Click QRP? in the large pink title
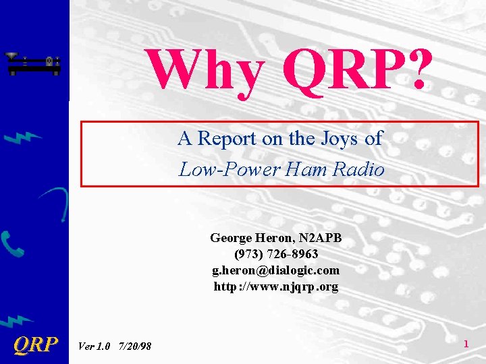(x=355, y=69)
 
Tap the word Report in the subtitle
(x=226, y=139)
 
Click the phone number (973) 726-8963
(x=276, y=254)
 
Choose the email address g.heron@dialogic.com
(x=276, y=270)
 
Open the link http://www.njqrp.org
(x=276, y=286)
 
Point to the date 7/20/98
(x=134, y=346)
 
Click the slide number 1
(x=466, y=344)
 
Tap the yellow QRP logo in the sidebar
(x=35, y=345)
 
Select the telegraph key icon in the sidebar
(x=32, y=64)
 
